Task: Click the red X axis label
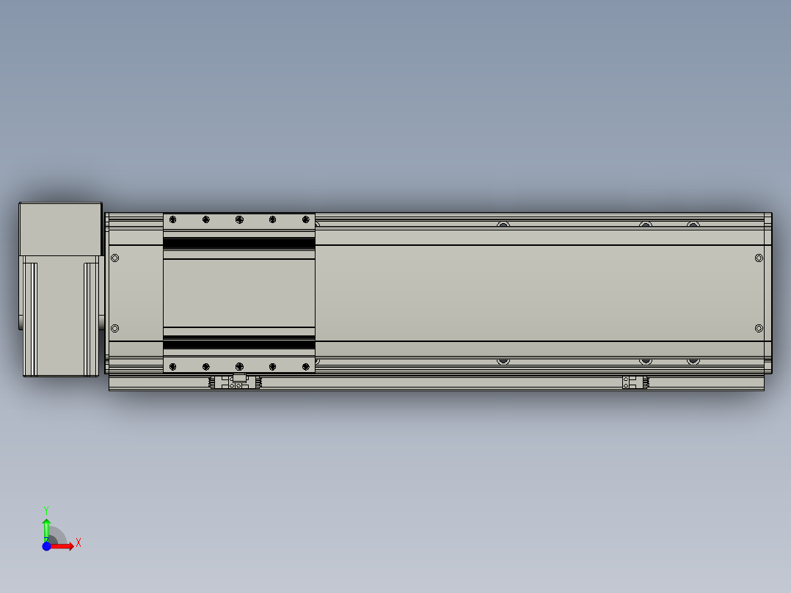(x=79, y=542)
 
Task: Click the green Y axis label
(x=45, y=509)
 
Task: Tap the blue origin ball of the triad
(x=46, y=546)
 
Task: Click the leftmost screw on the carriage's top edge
(x=172, y=219)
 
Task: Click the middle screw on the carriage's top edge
(x=239, y=219)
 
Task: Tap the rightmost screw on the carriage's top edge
(x=306, y=219)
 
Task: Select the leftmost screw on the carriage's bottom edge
(x=172, y=366)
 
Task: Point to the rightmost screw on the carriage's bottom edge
(x=306, y=366)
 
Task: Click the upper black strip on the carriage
(x=239, y=243)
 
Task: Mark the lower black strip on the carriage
(x=239, y=343)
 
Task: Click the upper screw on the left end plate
(x=114, y=258)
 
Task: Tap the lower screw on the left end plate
(x=114, y=328)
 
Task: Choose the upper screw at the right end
(x=759, y=258)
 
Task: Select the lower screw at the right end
(x=759, y=328)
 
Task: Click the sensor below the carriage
(x=237, y=382)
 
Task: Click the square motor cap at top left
(x=59, y=229)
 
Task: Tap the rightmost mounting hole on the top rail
(x=693, y=224)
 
